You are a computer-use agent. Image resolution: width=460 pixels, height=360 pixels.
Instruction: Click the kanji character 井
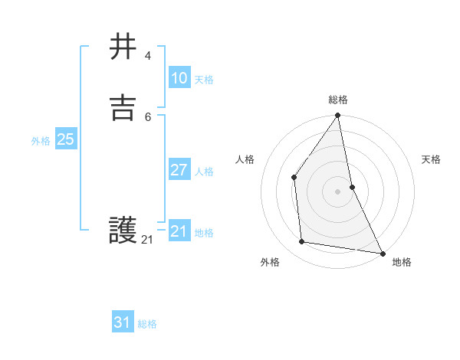click(x=123, y=47)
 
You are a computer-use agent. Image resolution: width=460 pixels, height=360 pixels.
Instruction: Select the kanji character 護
click(x=123, y=230)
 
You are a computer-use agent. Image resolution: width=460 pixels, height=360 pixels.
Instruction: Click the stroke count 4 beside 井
click(x=147, y=56)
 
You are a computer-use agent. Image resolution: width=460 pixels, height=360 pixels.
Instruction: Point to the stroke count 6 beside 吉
click(x=147, y=116)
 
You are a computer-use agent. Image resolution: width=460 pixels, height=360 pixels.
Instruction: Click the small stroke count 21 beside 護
click(x=147, y=240)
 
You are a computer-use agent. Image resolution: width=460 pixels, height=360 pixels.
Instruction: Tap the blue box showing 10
click(x=179, y=78)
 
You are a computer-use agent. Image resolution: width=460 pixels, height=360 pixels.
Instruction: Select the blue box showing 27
click(x=179, y=170)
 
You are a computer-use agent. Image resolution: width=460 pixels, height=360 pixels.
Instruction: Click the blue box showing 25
click(x=65, y=139)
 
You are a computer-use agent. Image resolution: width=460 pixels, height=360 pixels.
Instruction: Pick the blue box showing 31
click(x=123, y=322)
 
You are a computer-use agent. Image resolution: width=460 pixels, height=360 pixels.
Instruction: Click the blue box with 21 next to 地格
click(x=179, y=231)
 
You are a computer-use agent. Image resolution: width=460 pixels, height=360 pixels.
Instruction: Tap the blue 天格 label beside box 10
click(x=204, y=80)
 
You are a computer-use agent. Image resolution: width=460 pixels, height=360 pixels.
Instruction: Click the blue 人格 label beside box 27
click(x=204, y=172)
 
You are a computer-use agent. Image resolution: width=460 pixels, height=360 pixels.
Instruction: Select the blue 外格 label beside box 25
click(x=41, y=141)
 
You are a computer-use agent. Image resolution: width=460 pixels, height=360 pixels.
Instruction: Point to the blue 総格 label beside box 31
click(x=147, y=324)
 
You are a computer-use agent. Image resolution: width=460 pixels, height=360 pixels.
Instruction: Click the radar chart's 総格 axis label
click(x=338, y=100)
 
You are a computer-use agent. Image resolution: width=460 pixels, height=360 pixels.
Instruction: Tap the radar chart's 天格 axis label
click(x=432, y=159)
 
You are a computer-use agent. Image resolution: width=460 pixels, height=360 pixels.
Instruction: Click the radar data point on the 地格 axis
click(x=382, y=252)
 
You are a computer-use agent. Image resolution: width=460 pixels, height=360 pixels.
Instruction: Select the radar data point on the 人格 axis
click(x=294, y=177)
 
